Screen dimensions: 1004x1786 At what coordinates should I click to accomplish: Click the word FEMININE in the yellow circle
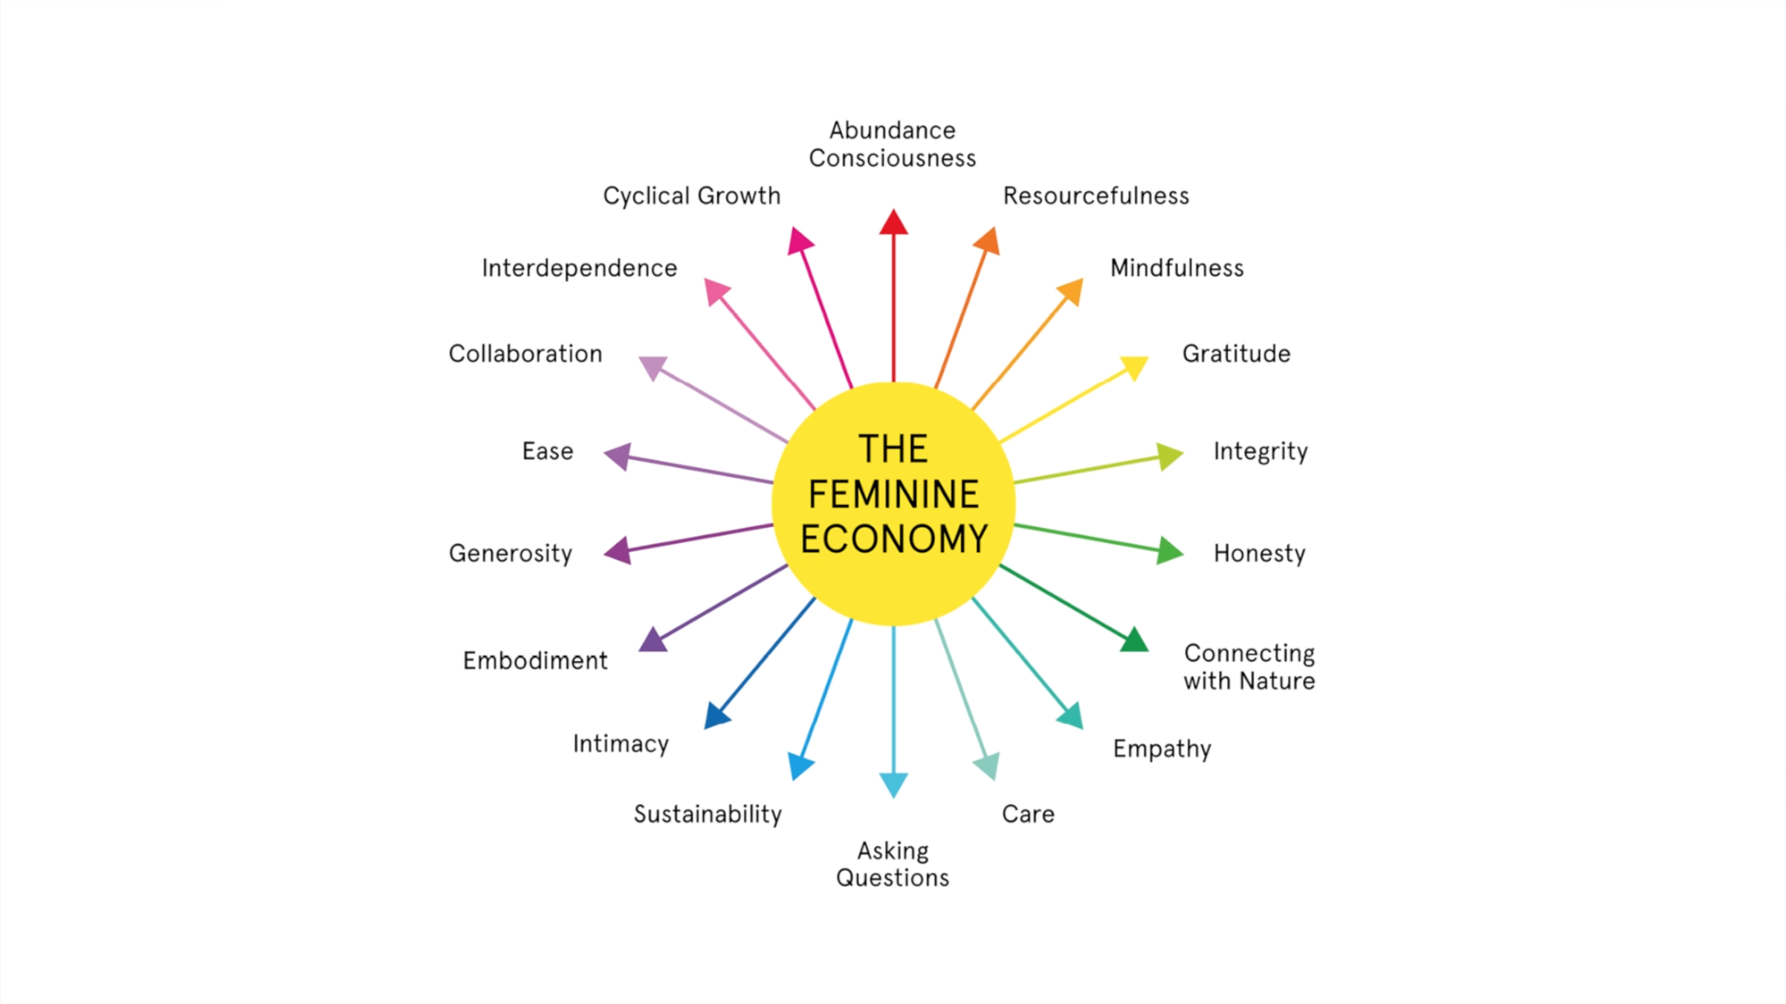click(x=893, y=495)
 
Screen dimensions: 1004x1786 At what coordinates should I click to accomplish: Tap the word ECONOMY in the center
click(x=893, y=539)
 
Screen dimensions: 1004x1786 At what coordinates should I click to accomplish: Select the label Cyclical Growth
click(x=691, y=196)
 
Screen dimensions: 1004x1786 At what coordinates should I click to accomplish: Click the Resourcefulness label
click(x=1096, y=196)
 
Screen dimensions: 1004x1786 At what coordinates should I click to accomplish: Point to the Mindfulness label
click(x=1177, y=268)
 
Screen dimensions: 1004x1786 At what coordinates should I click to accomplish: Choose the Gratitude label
click(x=1236, y=353)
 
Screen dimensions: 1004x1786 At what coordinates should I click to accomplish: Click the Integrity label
click(x=1260, y=451)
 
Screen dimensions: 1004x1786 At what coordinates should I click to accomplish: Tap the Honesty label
click(x=1259, y=553)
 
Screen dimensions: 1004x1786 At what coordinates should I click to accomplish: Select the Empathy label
click(x=1162, y=749)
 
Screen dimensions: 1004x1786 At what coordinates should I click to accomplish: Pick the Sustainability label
click(x=708, y=814)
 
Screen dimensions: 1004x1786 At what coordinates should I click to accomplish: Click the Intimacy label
click(x=621, y=744)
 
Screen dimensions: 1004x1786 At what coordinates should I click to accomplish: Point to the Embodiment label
click(x=535, y=660)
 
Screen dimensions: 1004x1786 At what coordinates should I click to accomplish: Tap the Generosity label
click(x=511, y=553)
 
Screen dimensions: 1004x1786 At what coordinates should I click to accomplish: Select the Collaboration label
click(x=525, y=353)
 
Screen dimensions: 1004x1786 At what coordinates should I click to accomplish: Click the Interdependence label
click(x=579, y=268)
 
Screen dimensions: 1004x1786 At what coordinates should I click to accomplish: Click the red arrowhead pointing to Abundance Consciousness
click(x=893, y=223)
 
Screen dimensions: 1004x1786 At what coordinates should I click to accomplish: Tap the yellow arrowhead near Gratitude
click(x=1134, y=367)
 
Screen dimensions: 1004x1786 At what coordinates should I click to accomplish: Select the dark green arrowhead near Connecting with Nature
click(x=1134, y=640)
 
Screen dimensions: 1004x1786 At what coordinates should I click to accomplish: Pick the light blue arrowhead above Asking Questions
click(x=893, y=784)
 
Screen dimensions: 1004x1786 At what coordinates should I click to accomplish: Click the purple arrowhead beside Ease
click(x=619, y=456)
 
